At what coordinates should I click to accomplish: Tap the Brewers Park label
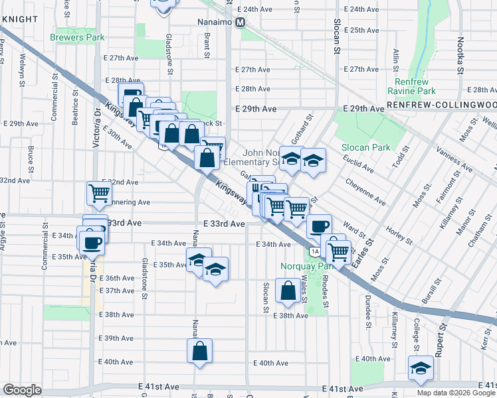click(76, 38)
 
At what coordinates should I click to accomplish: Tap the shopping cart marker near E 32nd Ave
click(98, 193)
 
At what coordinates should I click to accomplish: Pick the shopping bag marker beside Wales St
click(288, 291)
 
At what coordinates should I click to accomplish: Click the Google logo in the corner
click(22, 390)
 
